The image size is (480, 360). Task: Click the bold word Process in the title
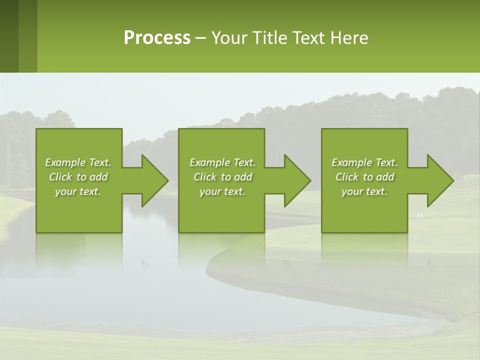click(157, 38)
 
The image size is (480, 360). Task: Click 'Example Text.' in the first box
click(78, 162)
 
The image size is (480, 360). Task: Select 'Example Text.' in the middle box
click(222, 162)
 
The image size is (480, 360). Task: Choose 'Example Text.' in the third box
click(364, 162)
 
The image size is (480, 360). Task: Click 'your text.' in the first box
click(78, 191)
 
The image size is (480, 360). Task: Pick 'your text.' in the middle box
click(222, 191)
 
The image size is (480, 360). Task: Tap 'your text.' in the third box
click(364, 191)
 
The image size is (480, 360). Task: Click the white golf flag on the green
click(419, 215)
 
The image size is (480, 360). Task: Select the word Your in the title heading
click(228, 38)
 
